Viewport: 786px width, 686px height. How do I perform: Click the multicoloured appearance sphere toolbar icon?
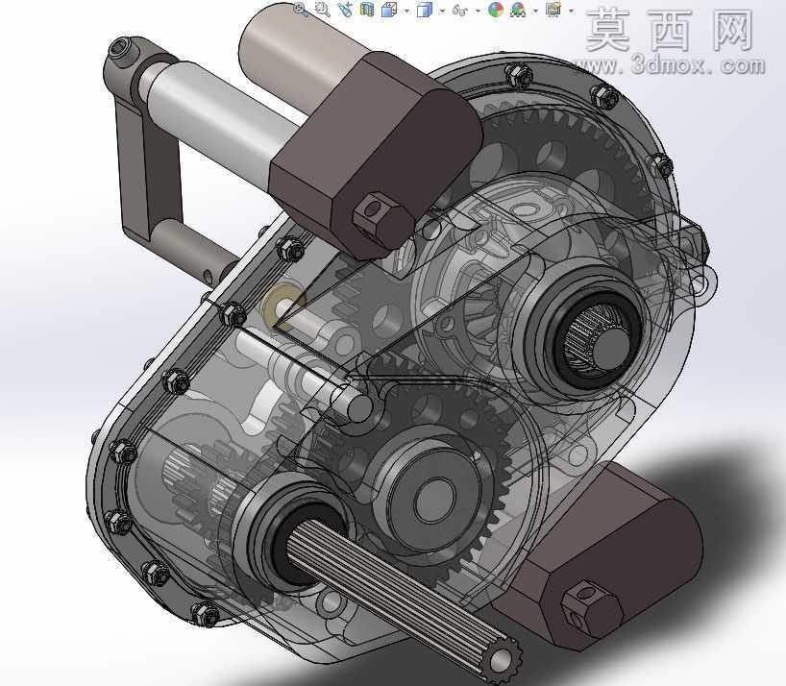tap(495, 10)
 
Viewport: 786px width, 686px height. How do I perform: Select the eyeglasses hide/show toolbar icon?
tap(459, 10)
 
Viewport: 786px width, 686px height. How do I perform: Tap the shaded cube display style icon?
tap(424, 10)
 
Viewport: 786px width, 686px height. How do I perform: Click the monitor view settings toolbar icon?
tap(553, 9)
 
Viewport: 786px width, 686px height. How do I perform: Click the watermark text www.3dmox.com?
tap(670, 65)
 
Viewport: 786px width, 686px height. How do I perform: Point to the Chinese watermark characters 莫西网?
tap(670, 30)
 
